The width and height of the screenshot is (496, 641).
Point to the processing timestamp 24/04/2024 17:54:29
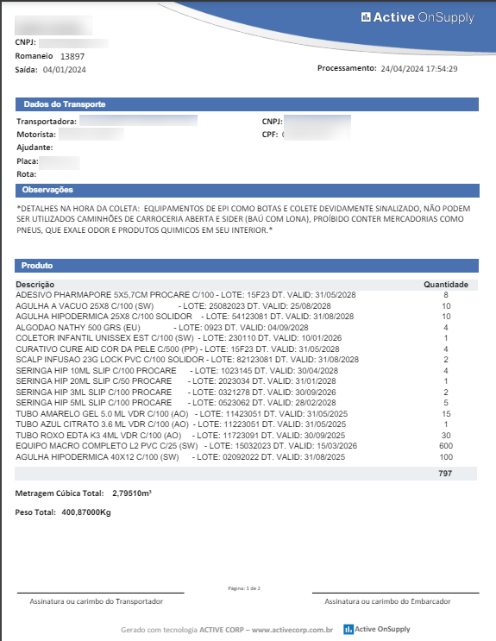[418, 68]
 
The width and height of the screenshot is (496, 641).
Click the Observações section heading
[48, 190]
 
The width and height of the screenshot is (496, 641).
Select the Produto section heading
[37, 266]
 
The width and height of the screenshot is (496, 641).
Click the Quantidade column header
[445, 284]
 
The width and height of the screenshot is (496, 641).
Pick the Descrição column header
[35, 284]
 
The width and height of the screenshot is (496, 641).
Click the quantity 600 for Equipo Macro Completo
[446, 445]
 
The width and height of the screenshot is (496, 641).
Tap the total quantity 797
[445, 474]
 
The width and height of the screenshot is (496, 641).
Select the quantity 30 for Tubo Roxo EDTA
[446, 435]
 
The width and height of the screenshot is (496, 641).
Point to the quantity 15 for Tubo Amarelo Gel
[446, 413]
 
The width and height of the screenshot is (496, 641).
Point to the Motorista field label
[36, 135]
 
